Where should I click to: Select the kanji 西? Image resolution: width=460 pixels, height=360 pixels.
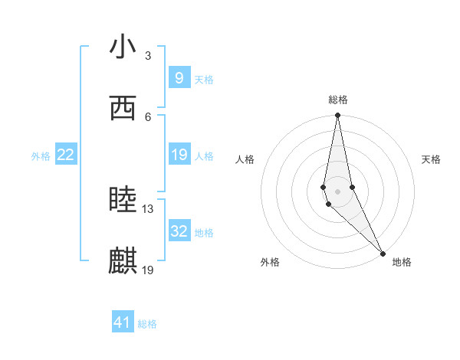(123, 109)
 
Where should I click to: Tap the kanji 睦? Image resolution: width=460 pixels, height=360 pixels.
(123, 201)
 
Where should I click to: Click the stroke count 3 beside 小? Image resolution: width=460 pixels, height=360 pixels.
(148, 56)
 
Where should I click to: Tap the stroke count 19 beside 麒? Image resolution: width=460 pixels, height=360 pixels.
(148, 270)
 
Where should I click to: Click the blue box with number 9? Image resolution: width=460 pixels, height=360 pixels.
(179, 77)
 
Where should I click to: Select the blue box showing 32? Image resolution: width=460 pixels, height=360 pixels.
(179, 231)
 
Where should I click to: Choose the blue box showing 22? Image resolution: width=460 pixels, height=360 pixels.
(66, 155)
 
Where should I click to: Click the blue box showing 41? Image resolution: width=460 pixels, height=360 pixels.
(123, 322)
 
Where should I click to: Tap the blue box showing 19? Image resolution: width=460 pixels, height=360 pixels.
(179, 155)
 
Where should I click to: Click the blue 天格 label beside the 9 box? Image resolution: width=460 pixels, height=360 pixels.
(204, 79)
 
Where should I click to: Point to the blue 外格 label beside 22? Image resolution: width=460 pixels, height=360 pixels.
(41, 155)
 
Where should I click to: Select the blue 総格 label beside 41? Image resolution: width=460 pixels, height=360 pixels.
(147, 324)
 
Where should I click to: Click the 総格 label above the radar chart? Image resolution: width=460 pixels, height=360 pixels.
(338, 100)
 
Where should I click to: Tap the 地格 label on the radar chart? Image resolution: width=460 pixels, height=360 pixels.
(402, 262)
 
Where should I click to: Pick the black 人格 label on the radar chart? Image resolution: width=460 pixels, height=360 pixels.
(245, 159)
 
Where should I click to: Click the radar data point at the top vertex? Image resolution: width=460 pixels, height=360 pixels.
(338, 116)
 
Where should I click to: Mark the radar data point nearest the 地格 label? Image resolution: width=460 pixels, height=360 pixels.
(383, 253)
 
